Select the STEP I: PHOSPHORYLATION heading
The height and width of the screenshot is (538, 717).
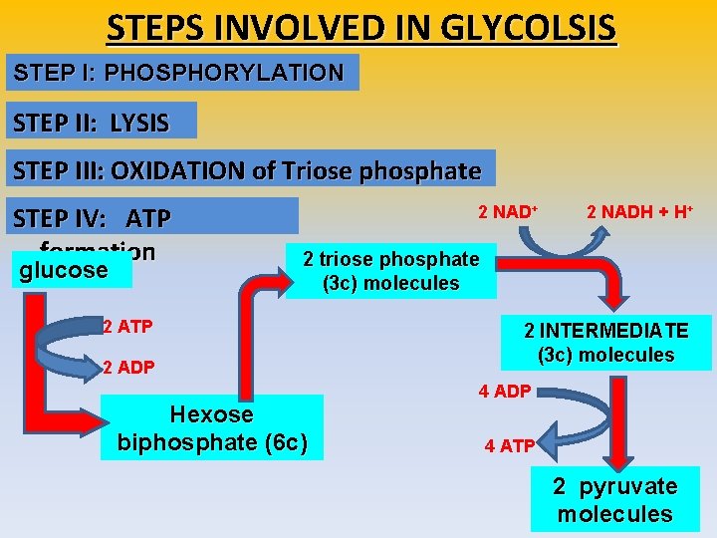179,73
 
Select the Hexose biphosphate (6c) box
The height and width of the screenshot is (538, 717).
212,428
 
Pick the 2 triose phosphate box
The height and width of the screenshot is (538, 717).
391,271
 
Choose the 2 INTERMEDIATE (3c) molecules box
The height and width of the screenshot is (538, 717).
606,343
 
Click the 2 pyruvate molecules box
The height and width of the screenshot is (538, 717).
614,500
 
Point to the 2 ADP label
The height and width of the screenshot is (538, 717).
128,368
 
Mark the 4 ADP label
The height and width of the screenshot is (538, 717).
505,391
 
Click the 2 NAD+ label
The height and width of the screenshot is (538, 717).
508,212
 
